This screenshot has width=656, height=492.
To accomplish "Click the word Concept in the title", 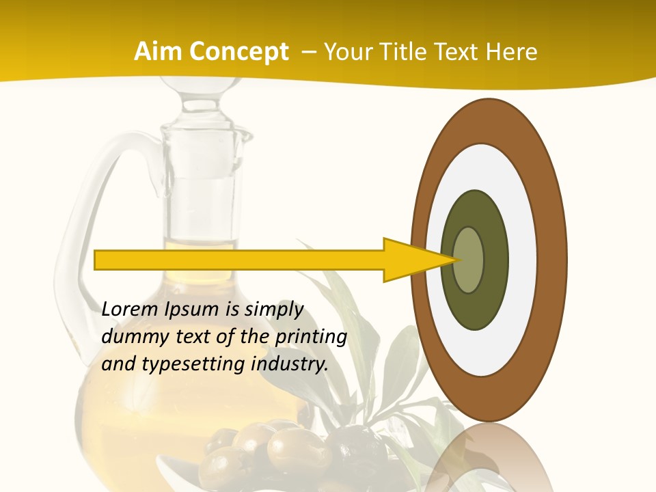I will [237, 52].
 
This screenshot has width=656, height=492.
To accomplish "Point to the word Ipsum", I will [193, 309].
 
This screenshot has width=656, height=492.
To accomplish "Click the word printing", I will [311, 337].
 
